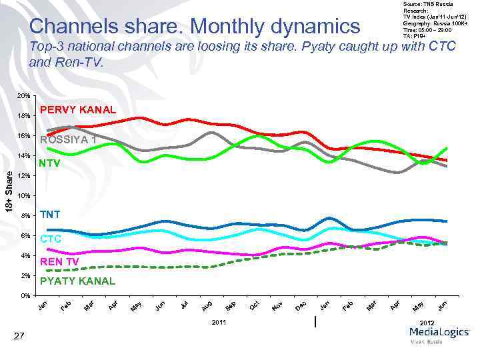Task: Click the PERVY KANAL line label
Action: click(78, 109)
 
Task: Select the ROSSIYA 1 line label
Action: click(70, 140)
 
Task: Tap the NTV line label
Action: click(50, 163)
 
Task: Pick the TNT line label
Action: click(50, 215)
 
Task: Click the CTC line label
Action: click(51, 238)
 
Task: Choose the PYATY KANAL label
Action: click(77, 281)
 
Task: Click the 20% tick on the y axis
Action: click(23, 96)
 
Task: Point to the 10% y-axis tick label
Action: click(23, 196)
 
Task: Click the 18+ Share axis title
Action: click(9, 192)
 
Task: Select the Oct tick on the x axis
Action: click(254, 305)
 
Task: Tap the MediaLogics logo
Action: click(439, 335)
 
